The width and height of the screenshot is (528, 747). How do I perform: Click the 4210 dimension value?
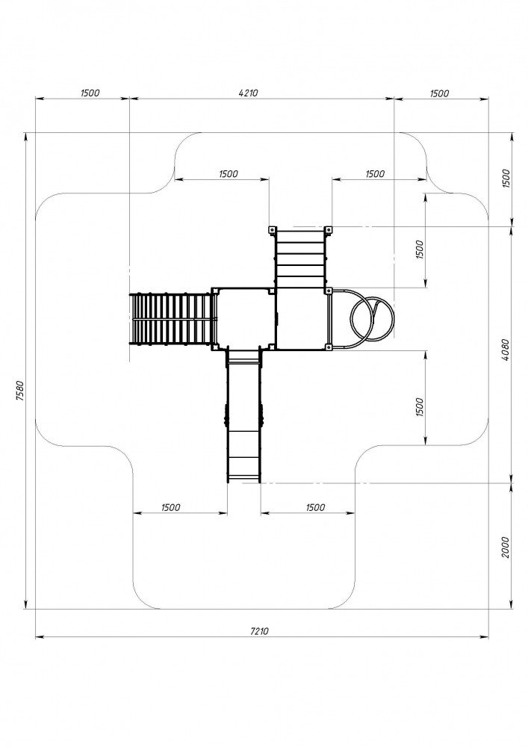pos(248,93)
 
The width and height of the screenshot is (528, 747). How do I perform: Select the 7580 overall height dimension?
pos(19,391)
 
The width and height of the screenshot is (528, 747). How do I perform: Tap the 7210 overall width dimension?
pos(259,631)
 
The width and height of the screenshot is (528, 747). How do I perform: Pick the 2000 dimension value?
pos(506,547)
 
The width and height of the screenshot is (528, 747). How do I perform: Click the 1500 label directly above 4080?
pos(506,179)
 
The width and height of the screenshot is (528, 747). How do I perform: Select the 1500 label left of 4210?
pos(90,93)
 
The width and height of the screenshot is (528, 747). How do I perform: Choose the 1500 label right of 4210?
pos(439,93)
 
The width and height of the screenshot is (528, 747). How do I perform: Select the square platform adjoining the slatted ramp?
pos(243,319)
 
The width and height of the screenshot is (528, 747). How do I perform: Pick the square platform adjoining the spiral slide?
pos(302,319)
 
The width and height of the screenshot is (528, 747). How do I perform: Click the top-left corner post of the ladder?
pos(272,230)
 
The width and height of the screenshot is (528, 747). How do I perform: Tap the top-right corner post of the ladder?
pos(328,230)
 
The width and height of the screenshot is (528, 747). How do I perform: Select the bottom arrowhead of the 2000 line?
pos(512,604)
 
